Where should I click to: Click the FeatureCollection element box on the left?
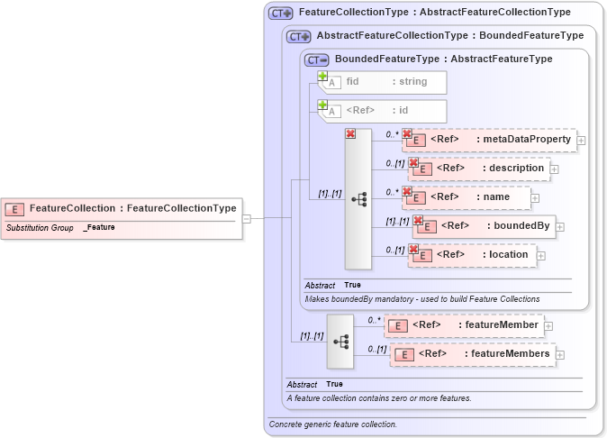122,208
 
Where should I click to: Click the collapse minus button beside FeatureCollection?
247,217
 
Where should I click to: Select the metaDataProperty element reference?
489,140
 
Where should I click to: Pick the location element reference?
472,255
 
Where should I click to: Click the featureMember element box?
463,325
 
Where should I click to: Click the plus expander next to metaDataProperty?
581,141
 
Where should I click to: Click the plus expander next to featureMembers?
560,355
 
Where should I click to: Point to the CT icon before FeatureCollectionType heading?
281,14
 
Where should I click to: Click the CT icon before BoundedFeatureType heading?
317,59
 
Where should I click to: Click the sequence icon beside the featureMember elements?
340,342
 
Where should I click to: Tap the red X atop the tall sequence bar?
350,133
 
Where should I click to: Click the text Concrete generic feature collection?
333,424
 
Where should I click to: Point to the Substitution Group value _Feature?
99,228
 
